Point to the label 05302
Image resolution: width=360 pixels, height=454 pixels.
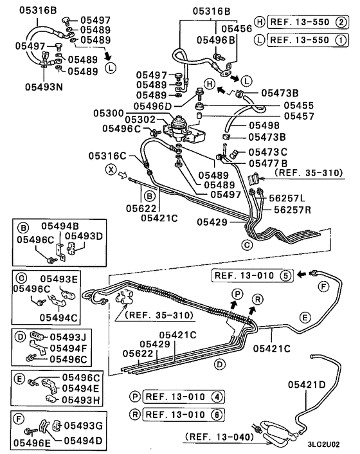pos(140,119)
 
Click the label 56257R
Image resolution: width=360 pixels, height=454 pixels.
pos(292,210)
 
